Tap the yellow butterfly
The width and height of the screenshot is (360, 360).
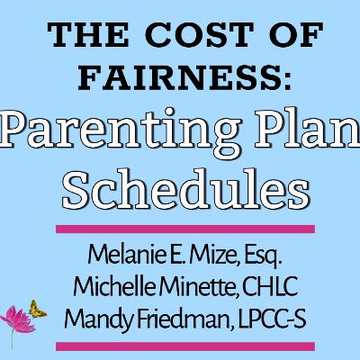click(x=37, y=307)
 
